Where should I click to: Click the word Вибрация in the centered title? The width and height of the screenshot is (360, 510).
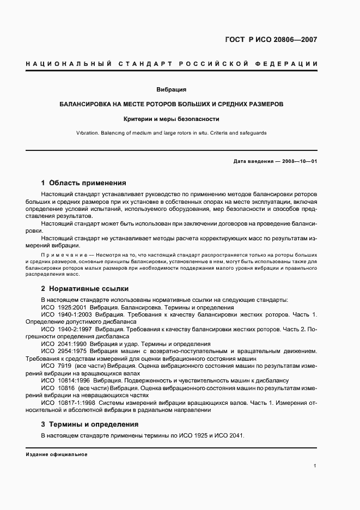[172, 89]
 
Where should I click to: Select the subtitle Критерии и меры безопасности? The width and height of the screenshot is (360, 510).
[171, 118]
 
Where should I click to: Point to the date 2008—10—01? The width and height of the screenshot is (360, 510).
[299, 162]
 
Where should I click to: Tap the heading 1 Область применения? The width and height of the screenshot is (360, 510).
[83, 183]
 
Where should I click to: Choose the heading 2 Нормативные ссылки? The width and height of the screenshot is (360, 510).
[84, 288]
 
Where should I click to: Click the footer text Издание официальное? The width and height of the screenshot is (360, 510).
[57, 454]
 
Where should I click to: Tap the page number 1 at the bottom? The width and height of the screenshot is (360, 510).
[315, 465]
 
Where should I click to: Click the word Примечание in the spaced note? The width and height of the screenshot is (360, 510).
[59, 255]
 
